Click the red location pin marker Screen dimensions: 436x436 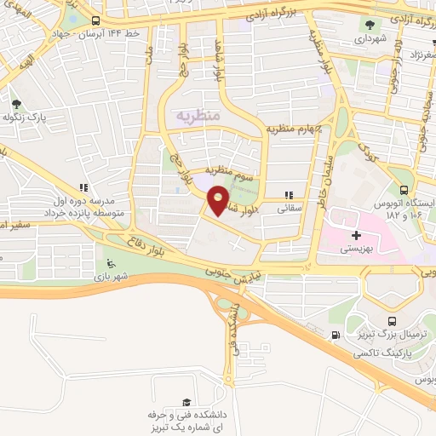tap(219, 201)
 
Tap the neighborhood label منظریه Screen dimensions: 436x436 tap(198, 113)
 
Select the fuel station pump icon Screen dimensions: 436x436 tap(336, 336)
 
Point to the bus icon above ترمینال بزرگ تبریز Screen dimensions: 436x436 tap(392, 321)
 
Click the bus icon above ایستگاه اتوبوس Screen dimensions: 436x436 tap(404, 191)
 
